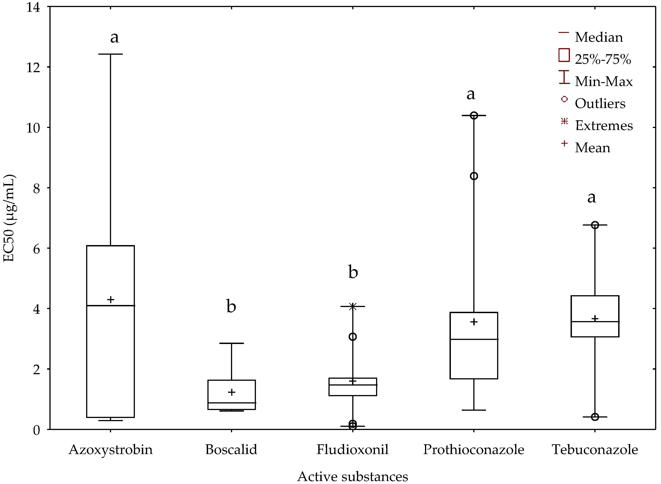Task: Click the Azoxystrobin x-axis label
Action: (x=110, y=450)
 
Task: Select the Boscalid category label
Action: (x=231, y=450)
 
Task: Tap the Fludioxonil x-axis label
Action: (x=352, y=450)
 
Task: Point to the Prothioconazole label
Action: (x=474, y=450)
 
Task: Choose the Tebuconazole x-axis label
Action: (x=595, y=450)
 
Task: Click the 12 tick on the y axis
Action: (x=33, y=68)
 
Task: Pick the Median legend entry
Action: (x=598, y=37)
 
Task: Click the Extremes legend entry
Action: (x=604, y=126)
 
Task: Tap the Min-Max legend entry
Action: (x=603, y=81)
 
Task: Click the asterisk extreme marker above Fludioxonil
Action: (x=352, y=307)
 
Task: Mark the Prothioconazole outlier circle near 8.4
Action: (x=474, y=176)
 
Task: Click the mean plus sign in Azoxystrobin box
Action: (x=110, y=300)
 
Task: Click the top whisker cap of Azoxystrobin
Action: (x=110, y=54)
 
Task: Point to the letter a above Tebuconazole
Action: (x=591, y=197)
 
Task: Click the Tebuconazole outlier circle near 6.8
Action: (x=595, y=225)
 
